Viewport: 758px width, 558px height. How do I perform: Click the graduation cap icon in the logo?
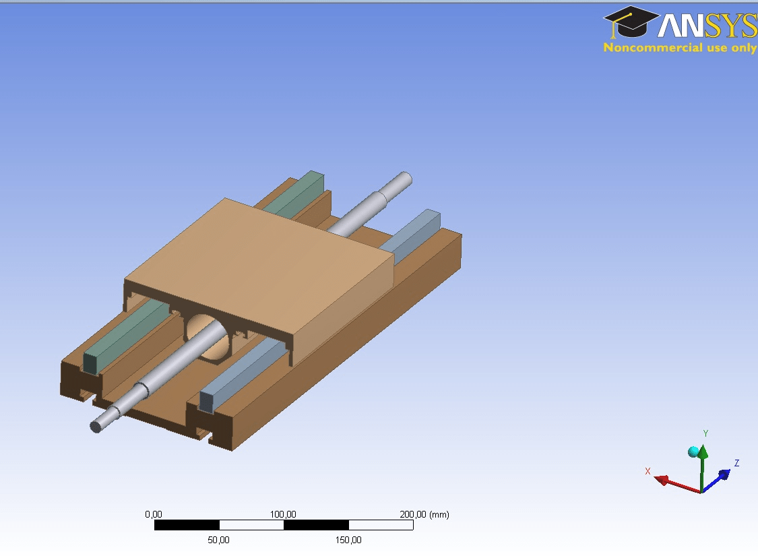[x=631, y=22]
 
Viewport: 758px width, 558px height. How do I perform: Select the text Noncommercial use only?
[x=680, y=47]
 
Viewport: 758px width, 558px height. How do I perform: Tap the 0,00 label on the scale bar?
[x=154, y=514]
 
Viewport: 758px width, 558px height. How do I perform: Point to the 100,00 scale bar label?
[x=283, y=514]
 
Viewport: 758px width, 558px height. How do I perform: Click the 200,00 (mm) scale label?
[x=424, y=514]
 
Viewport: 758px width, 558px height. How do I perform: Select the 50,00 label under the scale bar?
[x=218, y=540]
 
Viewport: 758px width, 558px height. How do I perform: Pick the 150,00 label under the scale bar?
[x=348, y=540]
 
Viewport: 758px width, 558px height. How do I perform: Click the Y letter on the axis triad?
[x=706, y=433]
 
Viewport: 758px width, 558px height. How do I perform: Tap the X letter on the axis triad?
[x=648, y=471]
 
